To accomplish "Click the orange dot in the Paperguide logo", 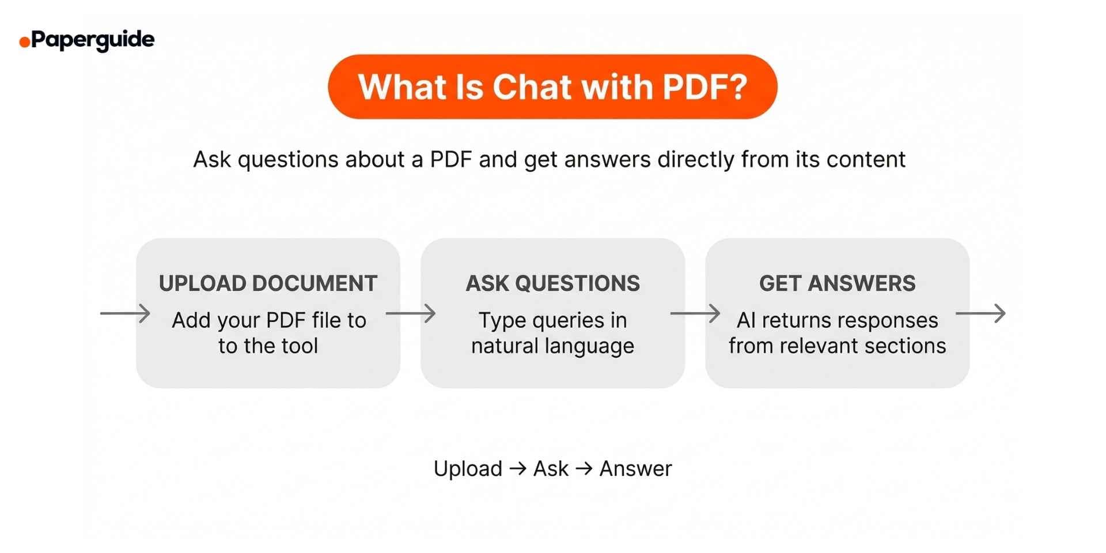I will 25,42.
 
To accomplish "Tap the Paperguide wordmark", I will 93,40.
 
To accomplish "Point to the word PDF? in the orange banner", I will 704,87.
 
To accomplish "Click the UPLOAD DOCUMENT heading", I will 268,283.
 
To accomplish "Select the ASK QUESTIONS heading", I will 552,283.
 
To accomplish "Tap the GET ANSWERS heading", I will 837,283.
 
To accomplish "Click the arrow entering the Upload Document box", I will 125,313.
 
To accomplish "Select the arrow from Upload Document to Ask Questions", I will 410,313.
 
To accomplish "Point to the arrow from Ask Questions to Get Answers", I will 695,313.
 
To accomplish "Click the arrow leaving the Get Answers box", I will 980,313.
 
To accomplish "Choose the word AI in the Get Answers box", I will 745,320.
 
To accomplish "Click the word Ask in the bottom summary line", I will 551,469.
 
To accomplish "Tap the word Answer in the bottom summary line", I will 635,469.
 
